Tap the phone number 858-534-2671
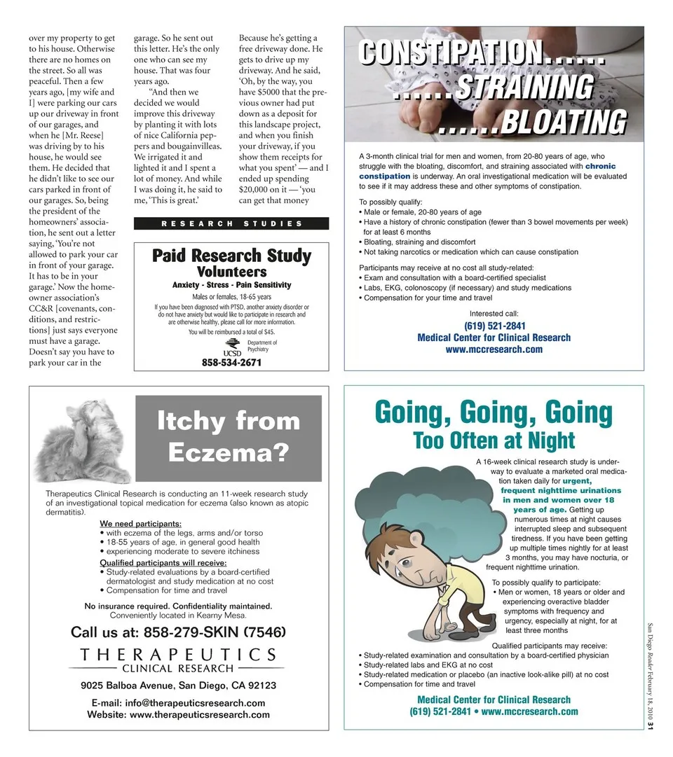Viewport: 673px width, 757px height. tap(231, 363)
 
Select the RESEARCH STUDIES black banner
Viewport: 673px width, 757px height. tap(231, 223)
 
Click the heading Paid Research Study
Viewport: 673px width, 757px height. tap(231, 256)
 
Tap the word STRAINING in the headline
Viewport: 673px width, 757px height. tap(523, 88)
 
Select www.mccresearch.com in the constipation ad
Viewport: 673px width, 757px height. tap(494, 349)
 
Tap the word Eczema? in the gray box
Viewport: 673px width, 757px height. tap(229, 452)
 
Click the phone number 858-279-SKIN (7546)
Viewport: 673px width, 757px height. tap(178, 632)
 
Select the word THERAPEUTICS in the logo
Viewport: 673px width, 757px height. tap(178, 655)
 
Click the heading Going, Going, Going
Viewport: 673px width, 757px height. tap(494, 411)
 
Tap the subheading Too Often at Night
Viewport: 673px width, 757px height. tap(494, 440)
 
